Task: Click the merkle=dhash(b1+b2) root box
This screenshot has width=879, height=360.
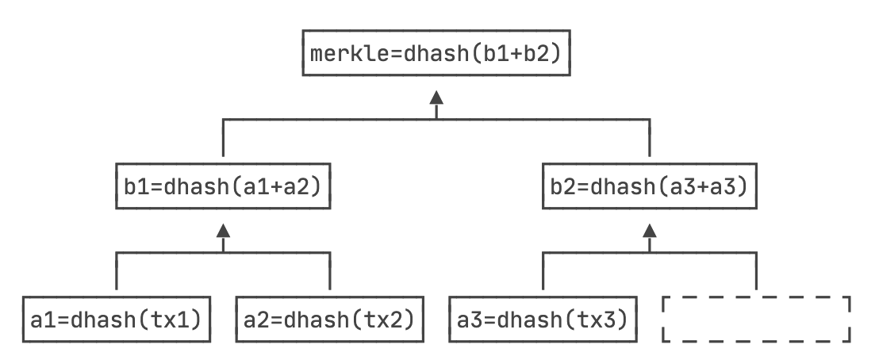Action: pyautogui.click(x=436, y=56)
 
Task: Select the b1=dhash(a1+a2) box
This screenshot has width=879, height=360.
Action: pyautogui.click(x=223, y=188)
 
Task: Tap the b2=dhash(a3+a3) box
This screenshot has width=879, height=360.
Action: pyautogui.click(x=649, y=188)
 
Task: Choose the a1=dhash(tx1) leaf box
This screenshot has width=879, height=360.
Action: pyautogui.click(x=117, y=320)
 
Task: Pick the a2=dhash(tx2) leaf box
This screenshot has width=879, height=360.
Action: pyautogui.click(x=329, y=320)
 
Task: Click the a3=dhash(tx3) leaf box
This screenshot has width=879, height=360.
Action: pyautogui.click(x=543, y=320)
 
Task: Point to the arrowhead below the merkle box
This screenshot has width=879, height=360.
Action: pyautogui.click(x=436, y=97)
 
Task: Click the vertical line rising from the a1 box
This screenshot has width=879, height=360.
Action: pyautogui.click(x=117, y=271)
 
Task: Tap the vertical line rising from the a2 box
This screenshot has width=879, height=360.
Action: pyautogui.click(x=329, y=271)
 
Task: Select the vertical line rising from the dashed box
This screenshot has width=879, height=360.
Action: pyautogui.click(x=755, y=271)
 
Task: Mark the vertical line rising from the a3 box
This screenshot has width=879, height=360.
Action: pyautogui.click(x=543, y=271)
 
